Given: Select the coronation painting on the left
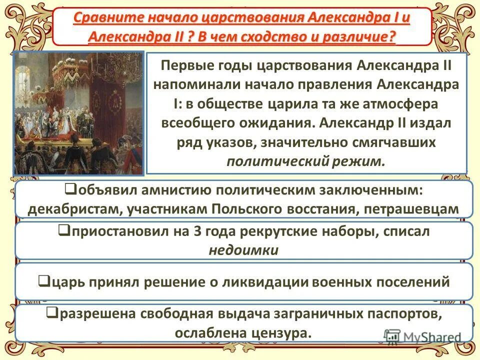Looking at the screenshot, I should point(78,112).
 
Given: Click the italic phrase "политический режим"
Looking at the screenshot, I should point(306,161).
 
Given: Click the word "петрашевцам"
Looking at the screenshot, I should point(411,208).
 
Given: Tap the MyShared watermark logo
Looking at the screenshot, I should point(422,336).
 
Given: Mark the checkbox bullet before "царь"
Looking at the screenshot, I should point(43,282).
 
